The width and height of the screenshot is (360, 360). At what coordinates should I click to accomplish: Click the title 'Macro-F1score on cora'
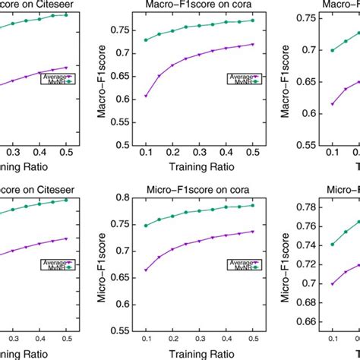(x=189, y=5)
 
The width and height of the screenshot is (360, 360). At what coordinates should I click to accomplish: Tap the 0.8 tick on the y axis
(x=118, y=199)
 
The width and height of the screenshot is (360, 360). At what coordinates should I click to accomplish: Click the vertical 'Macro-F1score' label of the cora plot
(x=99, y=83)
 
